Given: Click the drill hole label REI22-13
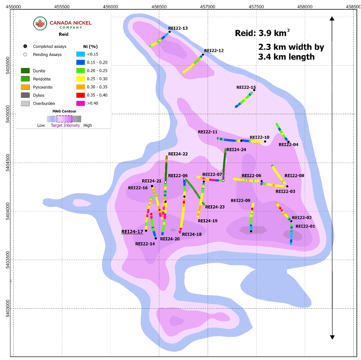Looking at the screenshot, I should point(178,28).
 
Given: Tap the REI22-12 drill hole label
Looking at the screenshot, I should point(214,51).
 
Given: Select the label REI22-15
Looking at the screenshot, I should point(246,88).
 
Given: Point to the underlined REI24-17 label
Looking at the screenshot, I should point(132,232).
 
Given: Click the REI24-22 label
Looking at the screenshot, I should point(178,154).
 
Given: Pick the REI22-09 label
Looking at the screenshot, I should point(240,200).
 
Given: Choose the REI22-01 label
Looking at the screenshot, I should point(305,226).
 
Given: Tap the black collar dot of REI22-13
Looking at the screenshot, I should point(170,32).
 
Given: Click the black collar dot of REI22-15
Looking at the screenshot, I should point(254,90).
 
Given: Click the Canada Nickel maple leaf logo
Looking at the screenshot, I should point(40,24).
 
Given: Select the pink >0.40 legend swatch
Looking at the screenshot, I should point(80,103).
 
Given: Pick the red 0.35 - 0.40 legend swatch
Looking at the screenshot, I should point(80,95).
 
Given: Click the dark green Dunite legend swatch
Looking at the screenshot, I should point(25,71).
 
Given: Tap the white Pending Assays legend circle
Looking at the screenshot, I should point(25,54).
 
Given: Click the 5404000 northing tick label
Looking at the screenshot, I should point(5,211).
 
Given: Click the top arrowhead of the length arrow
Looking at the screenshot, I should point(332,19).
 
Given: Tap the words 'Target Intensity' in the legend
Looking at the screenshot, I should point(65,126).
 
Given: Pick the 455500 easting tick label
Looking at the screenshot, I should point(62,7).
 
